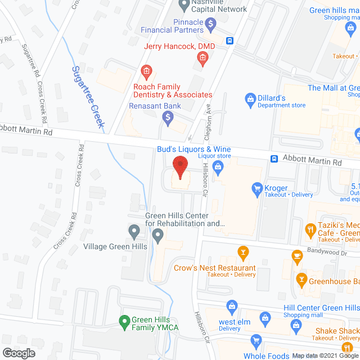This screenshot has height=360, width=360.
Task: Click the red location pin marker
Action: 179,168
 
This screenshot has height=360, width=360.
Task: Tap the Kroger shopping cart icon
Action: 257,188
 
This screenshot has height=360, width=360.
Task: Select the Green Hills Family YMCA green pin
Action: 124,322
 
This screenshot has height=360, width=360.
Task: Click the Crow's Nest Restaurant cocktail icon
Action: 243,251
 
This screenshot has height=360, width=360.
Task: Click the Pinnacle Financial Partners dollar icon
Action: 210,24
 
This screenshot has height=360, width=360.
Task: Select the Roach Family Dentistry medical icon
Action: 146,71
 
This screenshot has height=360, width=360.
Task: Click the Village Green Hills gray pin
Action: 134,231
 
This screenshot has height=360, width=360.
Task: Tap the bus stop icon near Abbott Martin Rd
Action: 274,159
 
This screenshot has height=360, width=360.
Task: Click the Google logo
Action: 19,353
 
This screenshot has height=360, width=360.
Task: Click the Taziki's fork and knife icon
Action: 309,229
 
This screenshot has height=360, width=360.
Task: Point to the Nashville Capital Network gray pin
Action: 183,4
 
